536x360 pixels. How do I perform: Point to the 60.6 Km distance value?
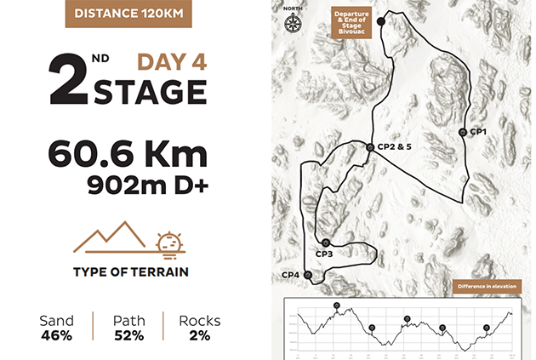coord(128,154)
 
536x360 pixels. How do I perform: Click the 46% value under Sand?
coord(56,334)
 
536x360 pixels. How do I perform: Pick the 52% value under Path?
coord(128,334)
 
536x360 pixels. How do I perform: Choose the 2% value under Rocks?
coord(199,334)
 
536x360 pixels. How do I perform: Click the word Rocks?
coord(199,321)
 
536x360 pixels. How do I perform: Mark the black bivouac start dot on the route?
coord(380,22)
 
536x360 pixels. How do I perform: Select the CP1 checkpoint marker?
coord(462,132)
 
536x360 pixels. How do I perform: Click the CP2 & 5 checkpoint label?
coord(395,147)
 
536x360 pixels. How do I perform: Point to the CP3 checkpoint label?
coord(324,254)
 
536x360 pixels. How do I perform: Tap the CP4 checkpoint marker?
coord(308,274)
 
